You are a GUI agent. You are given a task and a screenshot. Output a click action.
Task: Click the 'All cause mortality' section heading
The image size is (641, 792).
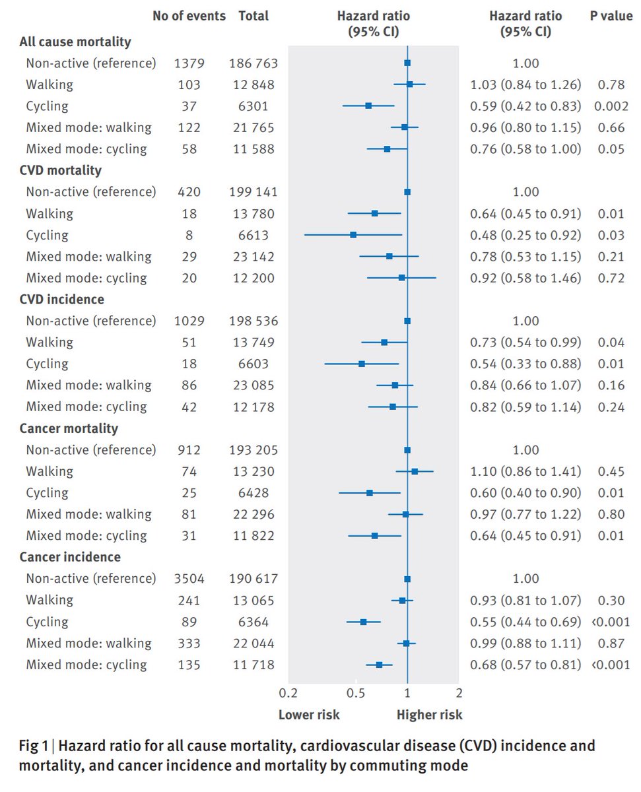tap(75, 42)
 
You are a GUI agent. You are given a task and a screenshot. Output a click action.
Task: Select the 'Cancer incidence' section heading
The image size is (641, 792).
tap(69, 557)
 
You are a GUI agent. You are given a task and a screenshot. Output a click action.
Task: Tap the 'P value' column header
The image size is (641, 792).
tap(611, 15)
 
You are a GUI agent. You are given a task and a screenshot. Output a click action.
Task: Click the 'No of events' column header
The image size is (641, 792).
tap(189, 15)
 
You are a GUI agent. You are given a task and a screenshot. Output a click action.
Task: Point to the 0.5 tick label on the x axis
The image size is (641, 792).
tap(356, 693)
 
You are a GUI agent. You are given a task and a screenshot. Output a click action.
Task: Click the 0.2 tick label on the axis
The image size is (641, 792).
tap(288, 693)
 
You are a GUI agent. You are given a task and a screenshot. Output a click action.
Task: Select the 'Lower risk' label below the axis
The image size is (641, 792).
tap(309, 715)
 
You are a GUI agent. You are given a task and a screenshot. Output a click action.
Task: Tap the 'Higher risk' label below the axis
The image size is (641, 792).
tap(429, 715)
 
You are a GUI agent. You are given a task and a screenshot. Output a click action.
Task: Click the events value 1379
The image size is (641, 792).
tap(189, 63)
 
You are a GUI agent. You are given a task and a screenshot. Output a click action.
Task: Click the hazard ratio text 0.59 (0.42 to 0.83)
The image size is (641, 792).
tap(525, 106)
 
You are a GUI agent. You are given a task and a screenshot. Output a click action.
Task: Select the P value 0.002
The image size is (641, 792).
tap(611, 106)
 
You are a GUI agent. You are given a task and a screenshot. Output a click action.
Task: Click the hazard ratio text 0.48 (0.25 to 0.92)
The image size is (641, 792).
tap(525, 235)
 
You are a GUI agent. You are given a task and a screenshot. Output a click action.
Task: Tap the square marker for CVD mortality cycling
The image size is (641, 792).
tap(353, 235)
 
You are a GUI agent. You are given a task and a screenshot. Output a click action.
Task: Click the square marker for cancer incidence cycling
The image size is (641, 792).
tap(363, 622)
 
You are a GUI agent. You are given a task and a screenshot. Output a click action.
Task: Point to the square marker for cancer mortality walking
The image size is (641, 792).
tap(415, 471)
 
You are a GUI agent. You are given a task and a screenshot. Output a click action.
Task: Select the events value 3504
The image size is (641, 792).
tap(189, 579)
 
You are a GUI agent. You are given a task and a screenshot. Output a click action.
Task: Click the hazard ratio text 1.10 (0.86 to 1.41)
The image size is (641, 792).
tap(525, 471)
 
